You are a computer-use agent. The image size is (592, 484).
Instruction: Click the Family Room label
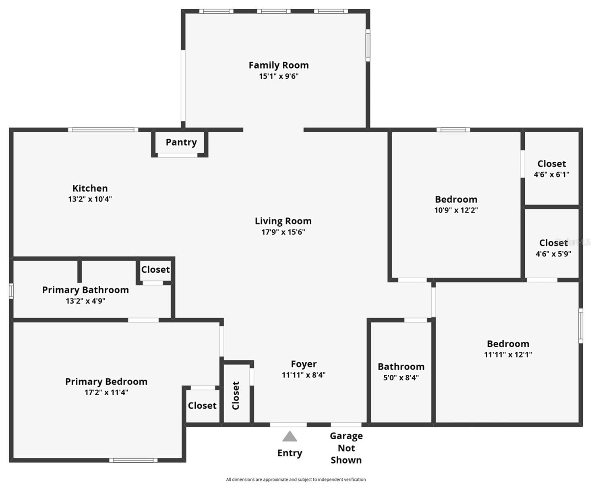(279, 65)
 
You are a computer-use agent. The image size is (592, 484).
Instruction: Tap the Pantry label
(181, 142)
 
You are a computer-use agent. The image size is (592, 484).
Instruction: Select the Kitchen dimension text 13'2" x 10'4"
(90, 199)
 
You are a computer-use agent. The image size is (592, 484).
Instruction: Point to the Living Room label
(283, 221)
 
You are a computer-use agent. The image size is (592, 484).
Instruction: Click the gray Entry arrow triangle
(290, 436)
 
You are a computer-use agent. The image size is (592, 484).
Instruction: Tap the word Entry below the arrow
(290, 453)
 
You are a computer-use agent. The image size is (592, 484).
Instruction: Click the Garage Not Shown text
(346, 448)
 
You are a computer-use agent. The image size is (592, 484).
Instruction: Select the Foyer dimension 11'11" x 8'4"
(304, 375)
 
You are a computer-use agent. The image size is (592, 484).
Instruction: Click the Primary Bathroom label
(85, 290)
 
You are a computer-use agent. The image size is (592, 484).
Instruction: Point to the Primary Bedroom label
(106, 382)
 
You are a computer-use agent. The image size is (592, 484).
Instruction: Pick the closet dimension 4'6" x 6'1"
(552, 175)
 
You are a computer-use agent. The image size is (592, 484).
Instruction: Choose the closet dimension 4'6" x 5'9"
(553, 254)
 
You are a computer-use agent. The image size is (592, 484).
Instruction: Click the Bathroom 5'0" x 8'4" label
(401, 371)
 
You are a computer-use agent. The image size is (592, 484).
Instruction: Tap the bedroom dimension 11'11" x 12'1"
(508, 355)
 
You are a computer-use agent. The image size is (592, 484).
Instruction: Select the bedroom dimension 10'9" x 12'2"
(456, 210)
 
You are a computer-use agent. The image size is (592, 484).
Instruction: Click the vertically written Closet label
(236, 395)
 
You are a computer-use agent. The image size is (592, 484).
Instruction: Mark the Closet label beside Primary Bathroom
(155, 269)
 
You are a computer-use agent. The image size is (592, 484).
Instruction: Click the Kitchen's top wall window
(103, 130)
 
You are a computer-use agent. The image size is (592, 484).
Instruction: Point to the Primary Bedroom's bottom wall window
(133, 460)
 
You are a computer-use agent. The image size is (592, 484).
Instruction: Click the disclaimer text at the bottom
(296, 480)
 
